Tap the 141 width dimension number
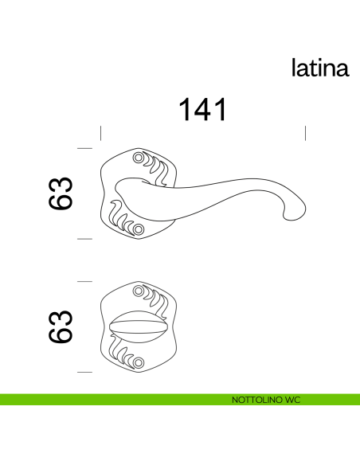[x=202, y=110]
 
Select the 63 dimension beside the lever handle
[x=61, y=193]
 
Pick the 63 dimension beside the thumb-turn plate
[x=61, y=326]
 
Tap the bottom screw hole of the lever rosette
[x=139, y=230]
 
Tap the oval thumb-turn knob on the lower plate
[x=140, y=327]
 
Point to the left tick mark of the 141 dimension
[x=100, y=133]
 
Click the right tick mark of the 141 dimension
[x=306, y=133]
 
